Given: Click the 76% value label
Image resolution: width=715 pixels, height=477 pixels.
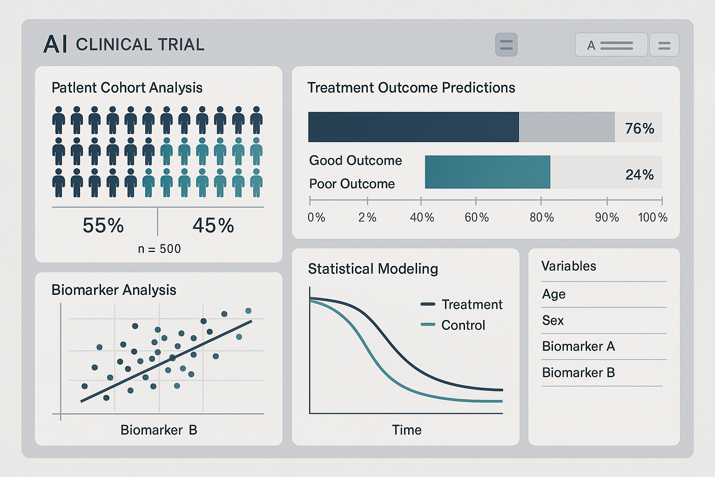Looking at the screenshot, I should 639,128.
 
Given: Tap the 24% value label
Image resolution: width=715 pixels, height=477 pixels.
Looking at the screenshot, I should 639,175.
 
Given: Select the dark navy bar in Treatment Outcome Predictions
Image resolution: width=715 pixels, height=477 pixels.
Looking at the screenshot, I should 413,127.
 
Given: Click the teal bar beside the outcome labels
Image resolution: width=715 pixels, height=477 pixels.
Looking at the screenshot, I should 487,172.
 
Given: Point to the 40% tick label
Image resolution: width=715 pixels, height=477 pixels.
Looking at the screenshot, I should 422,218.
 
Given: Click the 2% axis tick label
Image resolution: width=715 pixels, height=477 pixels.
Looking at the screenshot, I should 367,218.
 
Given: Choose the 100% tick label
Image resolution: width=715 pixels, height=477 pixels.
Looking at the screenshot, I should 653,218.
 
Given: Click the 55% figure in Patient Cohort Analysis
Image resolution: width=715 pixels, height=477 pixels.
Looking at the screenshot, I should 103,225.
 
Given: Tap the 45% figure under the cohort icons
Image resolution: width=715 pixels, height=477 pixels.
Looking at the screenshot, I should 213,225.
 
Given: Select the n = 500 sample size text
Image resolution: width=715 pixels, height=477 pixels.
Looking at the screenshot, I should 159,249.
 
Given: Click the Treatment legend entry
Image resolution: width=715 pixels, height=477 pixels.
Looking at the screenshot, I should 462,304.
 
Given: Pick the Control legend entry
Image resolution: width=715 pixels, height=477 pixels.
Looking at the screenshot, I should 453,325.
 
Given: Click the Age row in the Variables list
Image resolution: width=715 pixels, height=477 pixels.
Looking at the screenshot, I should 554,294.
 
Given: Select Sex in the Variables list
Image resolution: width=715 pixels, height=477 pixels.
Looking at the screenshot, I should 553,320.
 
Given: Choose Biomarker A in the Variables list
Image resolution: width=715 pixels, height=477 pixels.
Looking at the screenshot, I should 579,346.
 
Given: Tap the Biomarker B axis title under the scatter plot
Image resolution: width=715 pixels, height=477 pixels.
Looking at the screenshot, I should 159,429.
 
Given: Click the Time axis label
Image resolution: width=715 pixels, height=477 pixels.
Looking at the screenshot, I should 406,429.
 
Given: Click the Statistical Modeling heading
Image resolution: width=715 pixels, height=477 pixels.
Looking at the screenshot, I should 373,269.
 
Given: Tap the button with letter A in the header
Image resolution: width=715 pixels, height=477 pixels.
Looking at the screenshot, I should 611,45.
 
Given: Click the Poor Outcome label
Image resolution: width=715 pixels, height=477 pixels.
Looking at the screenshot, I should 352,184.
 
